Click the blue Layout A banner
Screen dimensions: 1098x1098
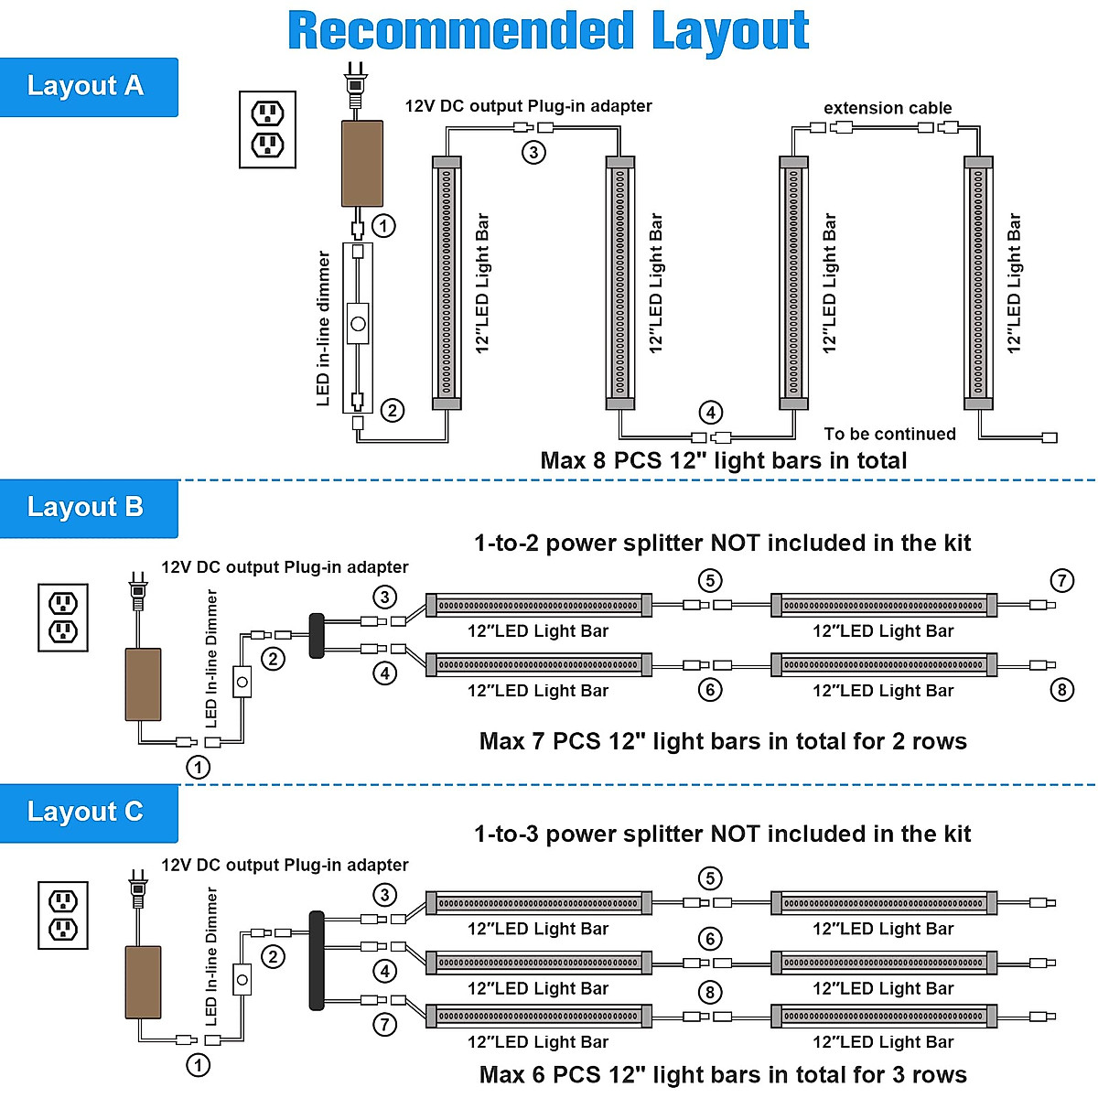[x=89, y=87]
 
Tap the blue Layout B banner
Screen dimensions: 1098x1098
[x=89, y=508]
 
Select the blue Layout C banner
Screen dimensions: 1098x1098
[x=89, y=813]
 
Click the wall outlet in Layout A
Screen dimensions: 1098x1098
[x=267, y=129]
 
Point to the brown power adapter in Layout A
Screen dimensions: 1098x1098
[x=361, y=163]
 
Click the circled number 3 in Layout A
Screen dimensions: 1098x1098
[x=533, y=153]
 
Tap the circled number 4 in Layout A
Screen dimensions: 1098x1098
[x=711, y=413]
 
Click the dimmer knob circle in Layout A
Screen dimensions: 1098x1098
[x=358, y=324]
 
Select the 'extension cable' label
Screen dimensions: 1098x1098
[x=888, y=108]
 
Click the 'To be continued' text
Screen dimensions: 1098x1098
[x=889, y=434]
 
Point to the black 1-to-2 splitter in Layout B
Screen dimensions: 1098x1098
[x=317, y=636]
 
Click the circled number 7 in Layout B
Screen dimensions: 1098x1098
[x=1061, y=581]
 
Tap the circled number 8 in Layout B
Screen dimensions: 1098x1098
[x=1061, y=690]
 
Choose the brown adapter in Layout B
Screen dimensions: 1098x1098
[x=143, y=684]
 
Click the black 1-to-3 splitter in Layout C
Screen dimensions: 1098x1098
[x=317, y=961]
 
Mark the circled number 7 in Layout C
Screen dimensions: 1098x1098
[x=384, y=1025]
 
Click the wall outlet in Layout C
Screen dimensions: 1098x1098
[x=63, y=916]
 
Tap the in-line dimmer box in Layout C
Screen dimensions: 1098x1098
[x=242, y=980]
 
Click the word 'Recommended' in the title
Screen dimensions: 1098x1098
[x=460, y=31]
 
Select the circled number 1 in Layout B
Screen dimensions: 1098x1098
[x=198, y=767]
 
